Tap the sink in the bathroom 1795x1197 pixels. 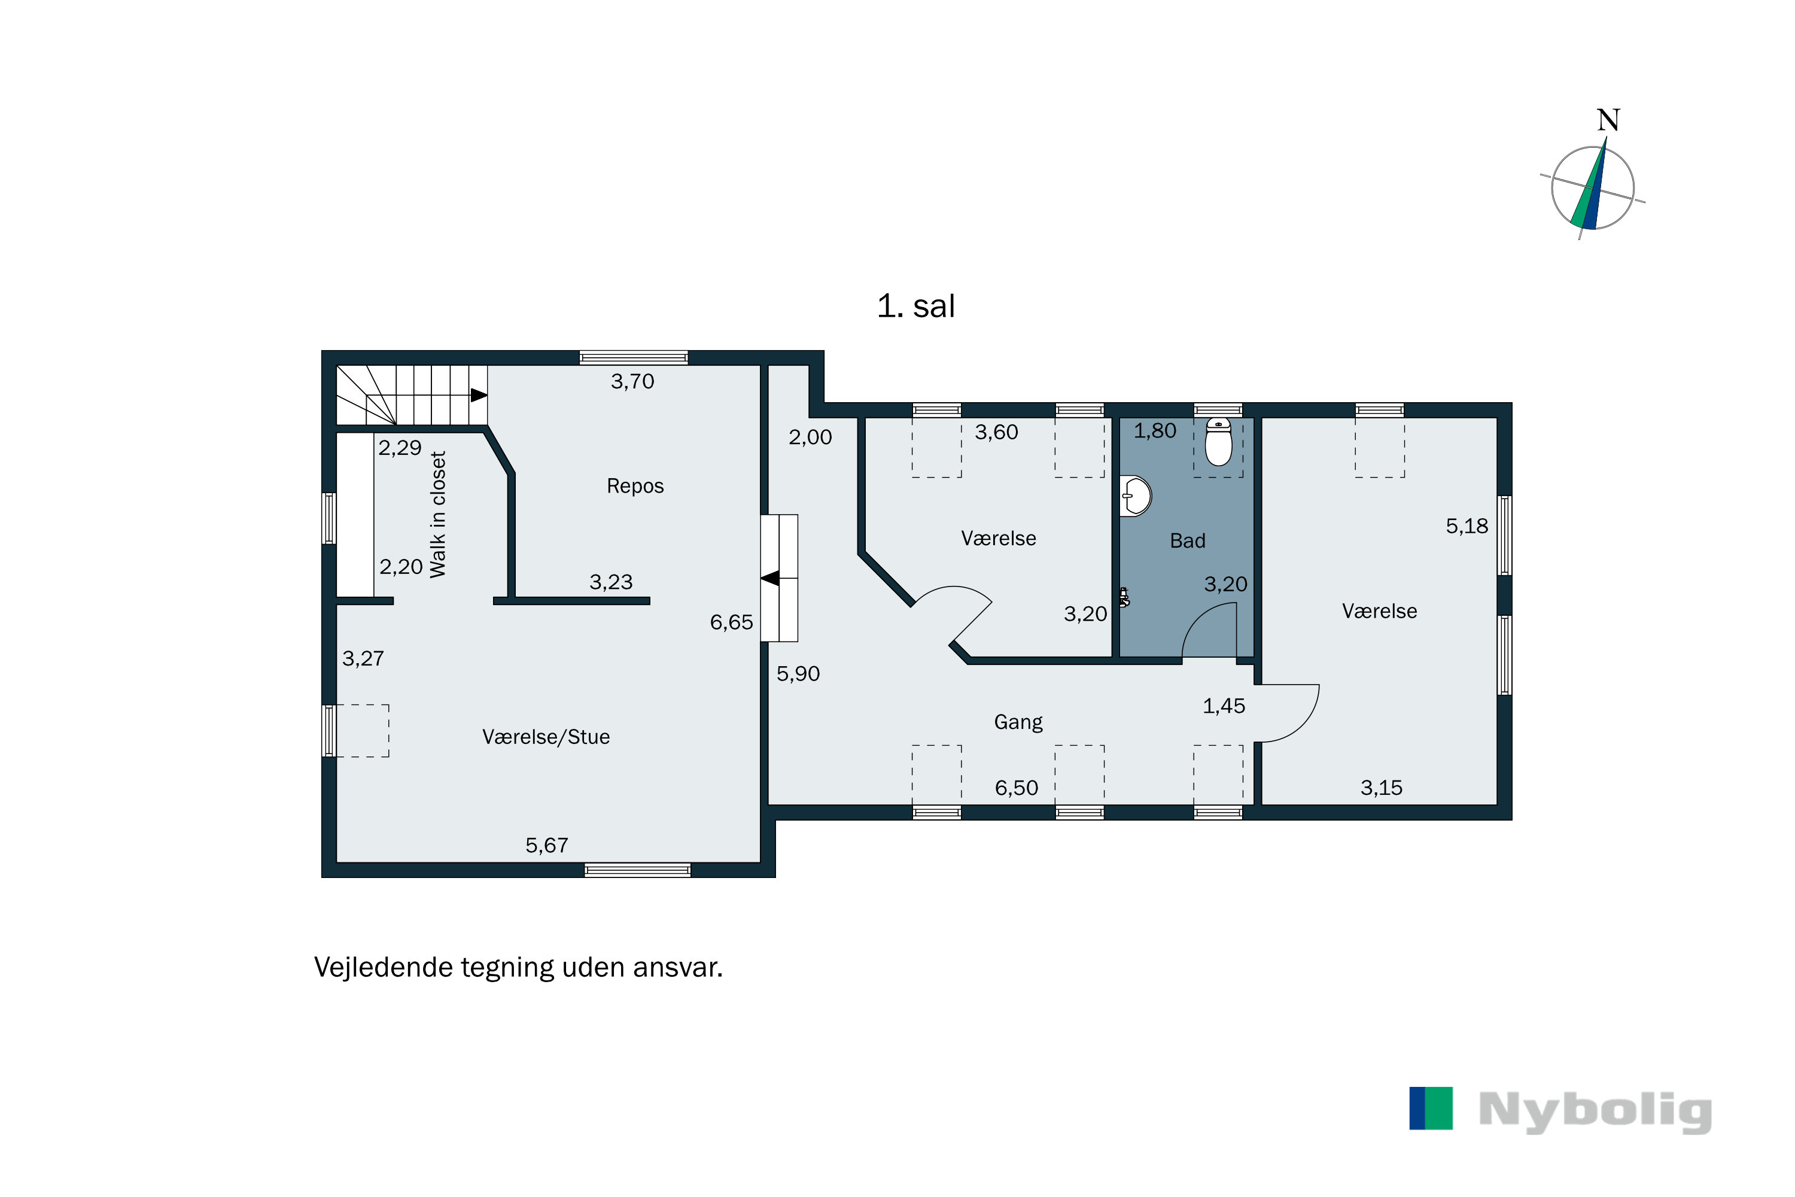[x=1136, y=496]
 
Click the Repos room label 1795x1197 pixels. [x=635, y=486]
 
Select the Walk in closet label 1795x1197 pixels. [x=437, y=515]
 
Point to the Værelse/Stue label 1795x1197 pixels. [x=546, y=737]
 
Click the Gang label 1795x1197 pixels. [x=1018, y=722]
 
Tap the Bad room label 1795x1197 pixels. [x=1188, y=541]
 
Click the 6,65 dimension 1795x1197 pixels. [x=731, y=623]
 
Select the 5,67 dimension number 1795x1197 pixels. [x=546, y=846]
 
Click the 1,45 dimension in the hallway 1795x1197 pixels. [x=1224, y=706]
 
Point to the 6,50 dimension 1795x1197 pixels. [x=1017, y=788]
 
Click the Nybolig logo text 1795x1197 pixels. [x=1595, y=1111]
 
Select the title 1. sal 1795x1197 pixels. [x=916, y=306]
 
